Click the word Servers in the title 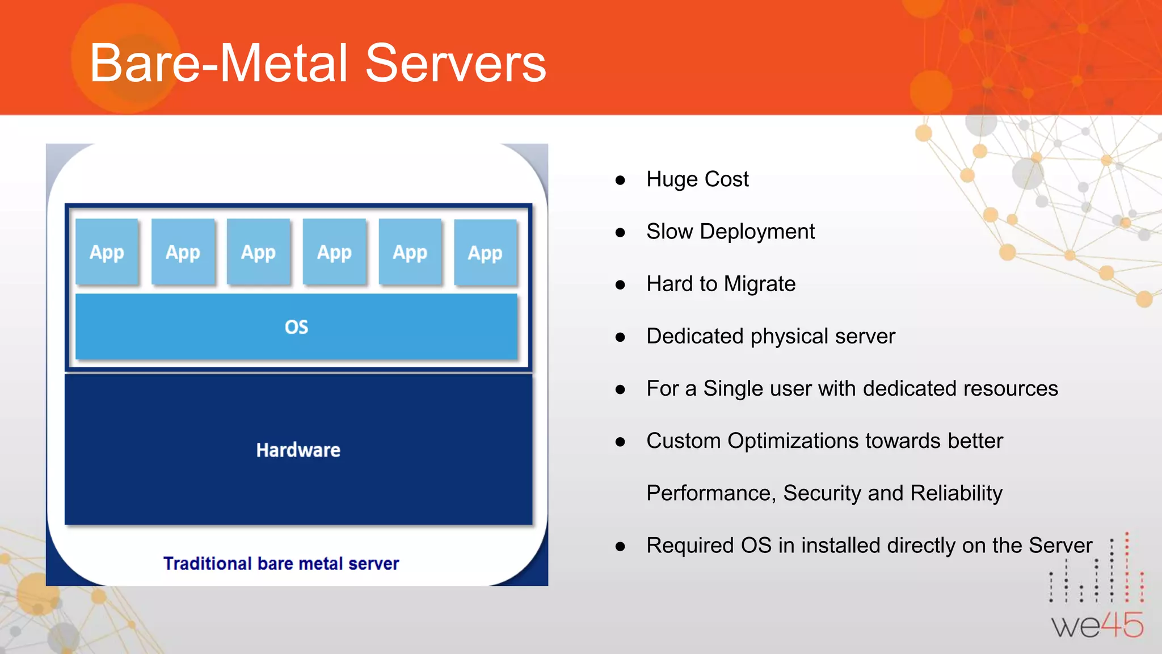pos(456,64)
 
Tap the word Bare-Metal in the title pos(218,64)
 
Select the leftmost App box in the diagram pos(107,251)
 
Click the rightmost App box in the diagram pos(485,253)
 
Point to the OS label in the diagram pos(296,327)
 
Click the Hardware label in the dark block pos(298,450)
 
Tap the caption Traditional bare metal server pos(281,563)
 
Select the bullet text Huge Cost pos(697,179)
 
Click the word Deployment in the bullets pos(757,232)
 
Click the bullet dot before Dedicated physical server pos(620,337)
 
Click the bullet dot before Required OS pos(620,547)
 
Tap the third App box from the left pos(258,251)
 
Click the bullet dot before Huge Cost pos(620,181)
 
